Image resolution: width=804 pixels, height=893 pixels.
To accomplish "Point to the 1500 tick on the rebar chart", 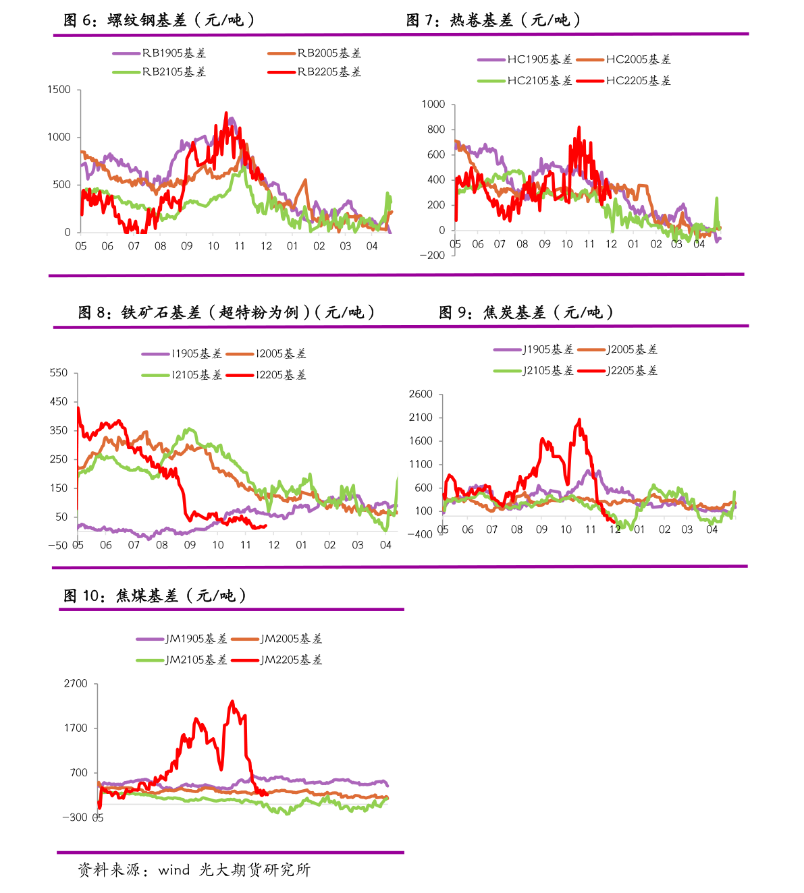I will click(59, 90).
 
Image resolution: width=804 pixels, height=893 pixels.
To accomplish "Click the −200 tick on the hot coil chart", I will click(432, 255).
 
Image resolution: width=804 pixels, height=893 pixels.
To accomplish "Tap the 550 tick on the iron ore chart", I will click(59, 373).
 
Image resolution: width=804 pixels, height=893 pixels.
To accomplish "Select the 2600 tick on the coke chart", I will click(421, 394).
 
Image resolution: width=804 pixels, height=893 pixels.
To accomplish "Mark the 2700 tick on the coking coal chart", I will click(76, 684).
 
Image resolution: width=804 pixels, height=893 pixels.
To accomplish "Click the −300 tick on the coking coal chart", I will click(74, 817).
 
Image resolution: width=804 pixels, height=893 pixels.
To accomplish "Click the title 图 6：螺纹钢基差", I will click(159, 20).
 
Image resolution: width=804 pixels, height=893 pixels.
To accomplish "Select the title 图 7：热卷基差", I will click(493, 20).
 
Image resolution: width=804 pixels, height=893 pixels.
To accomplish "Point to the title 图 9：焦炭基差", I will click(526, 312).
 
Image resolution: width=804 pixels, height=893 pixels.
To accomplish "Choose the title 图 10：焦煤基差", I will click(155, 596).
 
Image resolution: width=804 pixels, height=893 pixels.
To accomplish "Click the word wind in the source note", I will click(173, 870).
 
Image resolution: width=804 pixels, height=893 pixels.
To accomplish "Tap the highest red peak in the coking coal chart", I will click(232, 702).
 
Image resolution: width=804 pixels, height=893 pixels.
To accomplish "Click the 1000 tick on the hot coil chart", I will click(433, 104).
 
